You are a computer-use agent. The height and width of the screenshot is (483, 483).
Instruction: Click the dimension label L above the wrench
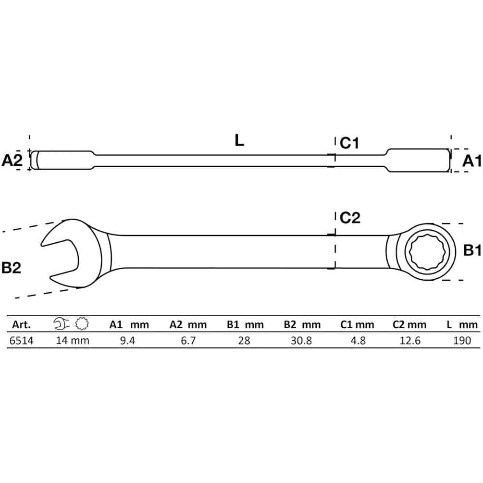239,140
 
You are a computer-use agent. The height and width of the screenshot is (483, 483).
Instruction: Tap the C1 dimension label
349,143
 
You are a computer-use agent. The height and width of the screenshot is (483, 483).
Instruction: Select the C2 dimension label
350,218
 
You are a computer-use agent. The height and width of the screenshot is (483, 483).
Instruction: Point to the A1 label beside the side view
471,161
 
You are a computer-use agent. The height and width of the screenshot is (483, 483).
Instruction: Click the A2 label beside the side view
12,160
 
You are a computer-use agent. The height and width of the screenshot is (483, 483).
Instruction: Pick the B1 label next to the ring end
472,250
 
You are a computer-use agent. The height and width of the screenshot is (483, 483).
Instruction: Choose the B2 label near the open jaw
11,268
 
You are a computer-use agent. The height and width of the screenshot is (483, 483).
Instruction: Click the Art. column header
21,325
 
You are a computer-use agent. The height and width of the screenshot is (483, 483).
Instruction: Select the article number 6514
22,341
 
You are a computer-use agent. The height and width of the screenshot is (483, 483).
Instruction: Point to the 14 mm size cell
73,341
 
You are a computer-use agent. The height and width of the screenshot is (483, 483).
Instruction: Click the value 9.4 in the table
127,341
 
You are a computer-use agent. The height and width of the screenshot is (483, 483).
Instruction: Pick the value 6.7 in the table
188,341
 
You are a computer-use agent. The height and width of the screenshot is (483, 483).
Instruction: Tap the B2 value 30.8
301,341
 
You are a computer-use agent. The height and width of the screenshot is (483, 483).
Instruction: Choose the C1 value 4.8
358,341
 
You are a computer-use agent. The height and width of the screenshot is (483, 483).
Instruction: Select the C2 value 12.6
410,341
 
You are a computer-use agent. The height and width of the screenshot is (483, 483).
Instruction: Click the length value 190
462,341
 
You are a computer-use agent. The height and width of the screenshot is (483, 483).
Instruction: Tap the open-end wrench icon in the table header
62,324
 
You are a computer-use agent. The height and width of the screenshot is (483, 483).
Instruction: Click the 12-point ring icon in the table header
82,324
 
